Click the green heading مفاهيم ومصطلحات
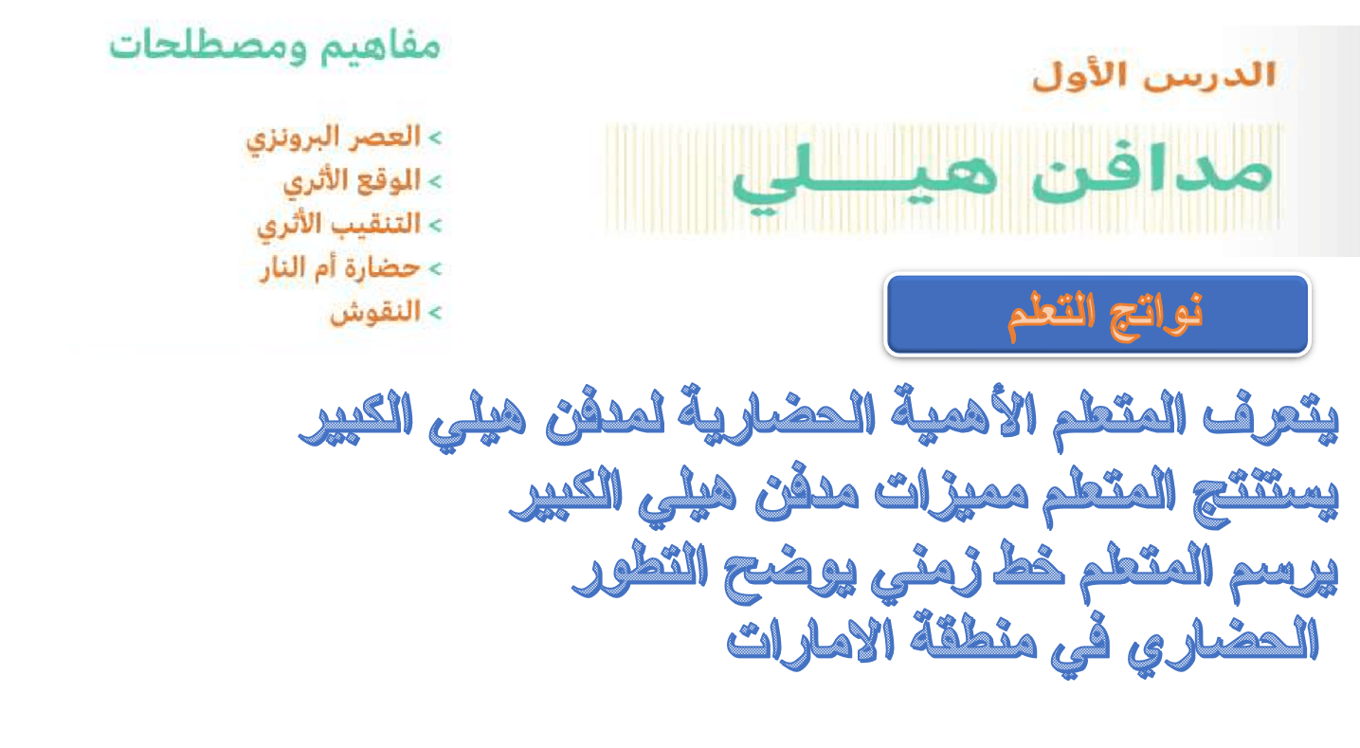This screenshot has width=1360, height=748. [275, 46]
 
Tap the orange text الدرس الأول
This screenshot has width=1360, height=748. [1154, 77]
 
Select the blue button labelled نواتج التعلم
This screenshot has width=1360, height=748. [1097, 314]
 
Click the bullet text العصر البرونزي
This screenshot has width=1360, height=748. [334, 139]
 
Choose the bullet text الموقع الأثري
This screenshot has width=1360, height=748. [353, 182]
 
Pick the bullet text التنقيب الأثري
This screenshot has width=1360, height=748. [338, 226]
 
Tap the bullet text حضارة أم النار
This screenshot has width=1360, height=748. [340, 268]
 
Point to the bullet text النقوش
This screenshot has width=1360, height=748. [375, 313]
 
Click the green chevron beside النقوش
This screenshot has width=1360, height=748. [435, 313]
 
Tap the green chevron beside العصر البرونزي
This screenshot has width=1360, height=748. [435, 138]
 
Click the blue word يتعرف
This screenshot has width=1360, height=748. [1270, 420]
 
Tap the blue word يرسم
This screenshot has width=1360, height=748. [1283, 571]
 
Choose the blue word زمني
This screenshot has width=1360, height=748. [925, 572]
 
